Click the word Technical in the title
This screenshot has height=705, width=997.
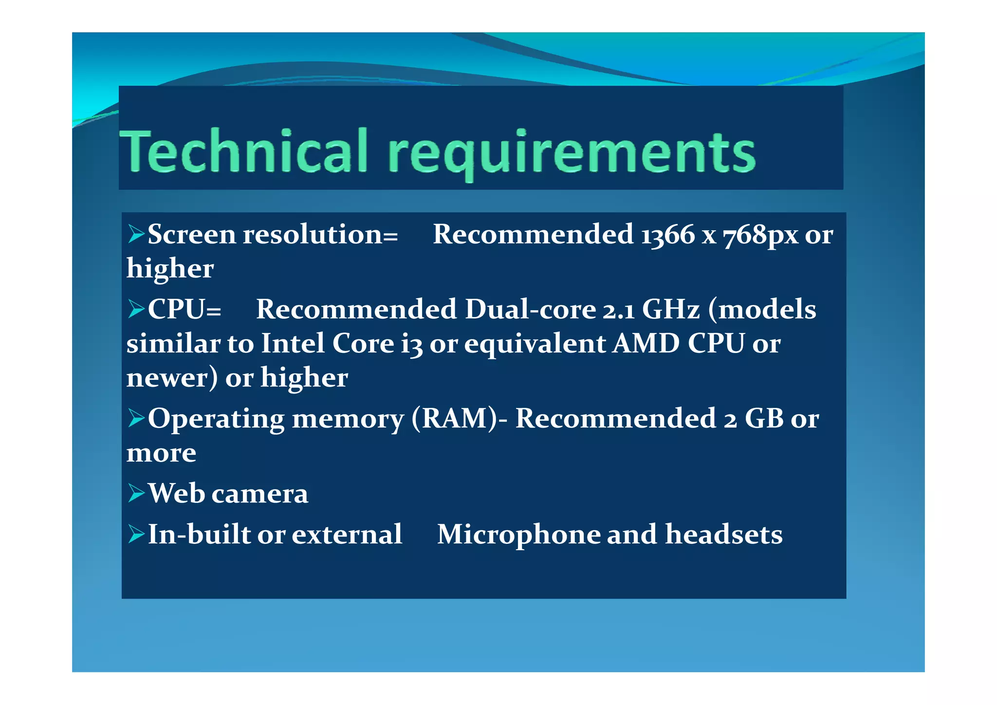point(243,151)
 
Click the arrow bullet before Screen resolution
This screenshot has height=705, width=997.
point(136,234)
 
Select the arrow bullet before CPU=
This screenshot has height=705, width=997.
point(136,309)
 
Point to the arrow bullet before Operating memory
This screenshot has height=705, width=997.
point(136,418)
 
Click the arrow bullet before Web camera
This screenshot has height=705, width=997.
point(136,493)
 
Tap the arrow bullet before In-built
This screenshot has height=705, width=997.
point(136,534)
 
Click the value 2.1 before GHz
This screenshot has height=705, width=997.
point(619,310)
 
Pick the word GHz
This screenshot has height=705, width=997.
point(671,310)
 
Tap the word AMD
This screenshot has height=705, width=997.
point(646,344)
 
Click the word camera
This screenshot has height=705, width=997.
point(260,494)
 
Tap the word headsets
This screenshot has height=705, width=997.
point(724,535)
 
